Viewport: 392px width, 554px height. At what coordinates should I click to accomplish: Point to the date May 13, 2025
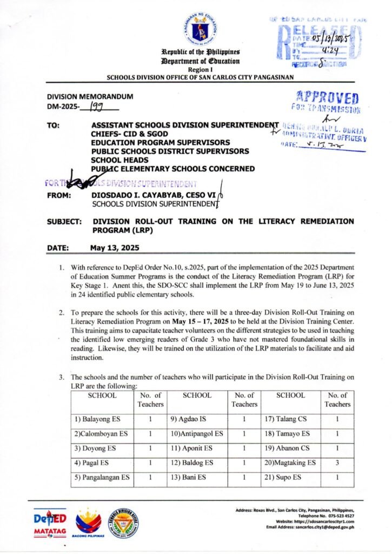click(114, 248)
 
